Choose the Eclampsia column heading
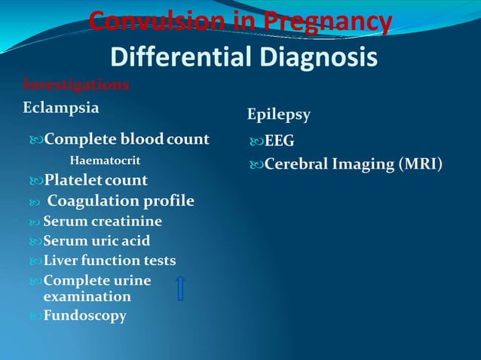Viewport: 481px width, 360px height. click(60, 107)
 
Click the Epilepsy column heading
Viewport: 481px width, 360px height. click(279, 114)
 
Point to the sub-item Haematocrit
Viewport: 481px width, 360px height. click(105, 160)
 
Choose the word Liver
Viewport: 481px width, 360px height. click(59, 261)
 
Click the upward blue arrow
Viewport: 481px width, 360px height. click(181, 288)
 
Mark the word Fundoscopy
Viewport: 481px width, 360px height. click(84, 316)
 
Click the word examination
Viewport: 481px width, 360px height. click(87, 297)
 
